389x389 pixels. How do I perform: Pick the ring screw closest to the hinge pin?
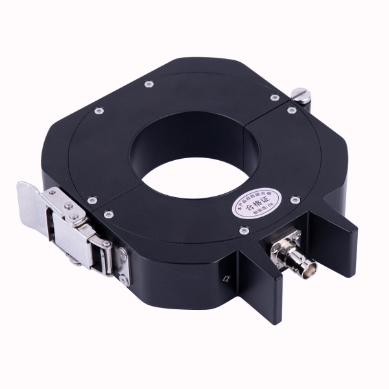pyautogui.click(x=275, y=97)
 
